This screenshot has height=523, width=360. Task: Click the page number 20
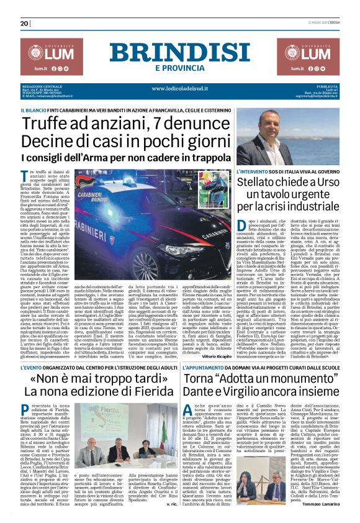[x=24, y=23]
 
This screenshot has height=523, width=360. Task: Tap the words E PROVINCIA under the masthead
[x=179, y=67]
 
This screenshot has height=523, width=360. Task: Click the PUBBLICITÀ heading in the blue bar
[x=328, y=86]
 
